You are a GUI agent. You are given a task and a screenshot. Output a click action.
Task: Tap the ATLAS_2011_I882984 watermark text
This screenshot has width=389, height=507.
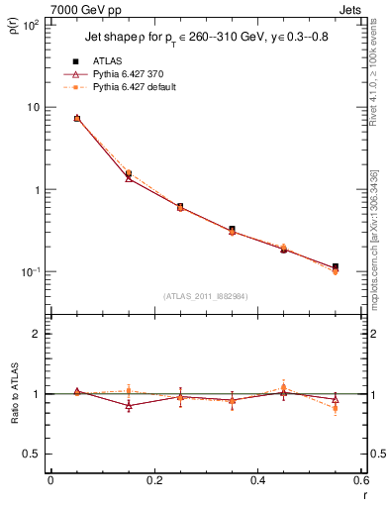[x=205, y=296]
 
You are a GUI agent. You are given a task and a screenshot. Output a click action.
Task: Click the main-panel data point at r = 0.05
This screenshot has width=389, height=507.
[x=77, y=118]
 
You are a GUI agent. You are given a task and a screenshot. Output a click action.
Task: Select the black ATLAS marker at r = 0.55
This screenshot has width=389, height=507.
[x=336, y=266]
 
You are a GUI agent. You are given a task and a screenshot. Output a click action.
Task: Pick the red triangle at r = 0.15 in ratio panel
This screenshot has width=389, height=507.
[x=129, y=406]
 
